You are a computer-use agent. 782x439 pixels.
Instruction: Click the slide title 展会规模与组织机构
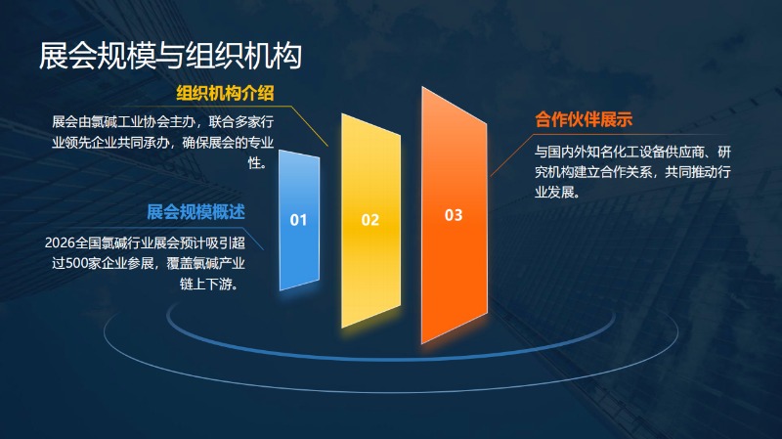170,55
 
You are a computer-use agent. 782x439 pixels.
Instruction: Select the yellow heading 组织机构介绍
225,93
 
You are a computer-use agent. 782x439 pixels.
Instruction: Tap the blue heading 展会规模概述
196,212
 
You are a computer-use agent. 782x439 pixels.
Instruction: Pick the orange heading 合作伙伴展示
584,119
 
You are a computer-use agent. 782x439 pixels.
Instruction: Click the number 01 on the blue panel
298,220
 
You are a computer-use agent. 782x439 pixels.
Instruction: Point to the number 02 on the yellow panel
370,220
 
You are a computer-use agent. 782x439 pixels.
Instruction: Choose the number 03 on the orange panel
454,215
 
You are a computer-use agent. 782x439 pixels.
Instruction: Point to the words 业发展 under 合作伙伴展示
554,192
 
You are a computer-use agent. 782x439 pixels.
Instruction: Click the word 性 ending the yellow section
255,162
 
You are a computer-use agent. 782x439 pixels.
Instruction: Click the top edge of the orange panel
455,105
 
